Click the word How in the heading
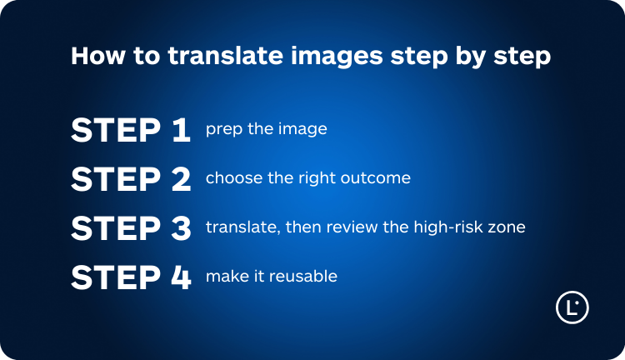point(92,57)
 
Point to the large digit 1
point(181,130)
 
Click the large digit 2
point(180,179)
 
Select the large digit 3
point(180,227)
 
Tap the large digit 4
point(180,277)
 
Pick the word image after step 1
point(303,130)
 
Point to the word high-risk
point(442,227)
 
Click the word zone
point(506,227)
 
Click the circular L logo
point(572,307)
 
